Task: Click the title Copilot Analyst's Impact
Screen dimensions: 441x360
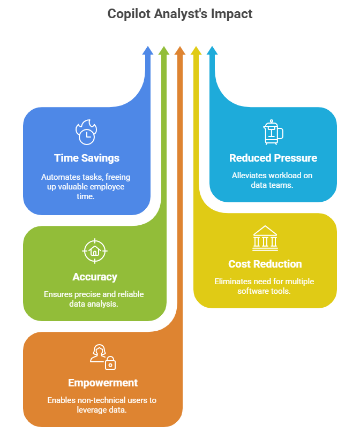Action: pos(180,14)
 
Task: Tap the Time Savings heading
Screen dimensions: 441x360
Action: pos(87,158)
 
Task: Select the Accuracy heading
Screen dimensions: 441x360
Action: pos(95,277)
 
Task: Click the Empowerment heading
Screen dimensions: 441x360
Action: pos(103,383)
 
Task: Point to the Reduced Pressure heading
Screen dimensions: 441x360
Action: pos(273,158)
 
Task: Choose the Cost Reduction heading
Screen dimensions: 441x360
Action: pos(265,264)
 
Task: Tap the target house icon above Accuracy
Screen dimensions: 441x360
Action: pos(95,250)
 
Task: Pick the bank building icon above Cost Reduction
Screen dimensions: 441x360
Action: pos(265,239)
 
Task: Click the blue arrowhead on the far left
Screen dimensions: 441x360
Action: pos(147,51)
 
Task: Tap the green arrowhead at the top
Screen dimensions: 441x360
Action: pos(164,51)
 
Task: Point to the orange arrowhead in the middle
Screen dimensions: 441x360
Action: pos(180,51)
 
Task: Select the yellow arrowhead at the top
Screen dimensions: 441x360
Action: pos(196,51)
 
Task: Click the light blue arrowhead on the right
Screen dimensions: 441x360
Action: pos(212,51)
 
